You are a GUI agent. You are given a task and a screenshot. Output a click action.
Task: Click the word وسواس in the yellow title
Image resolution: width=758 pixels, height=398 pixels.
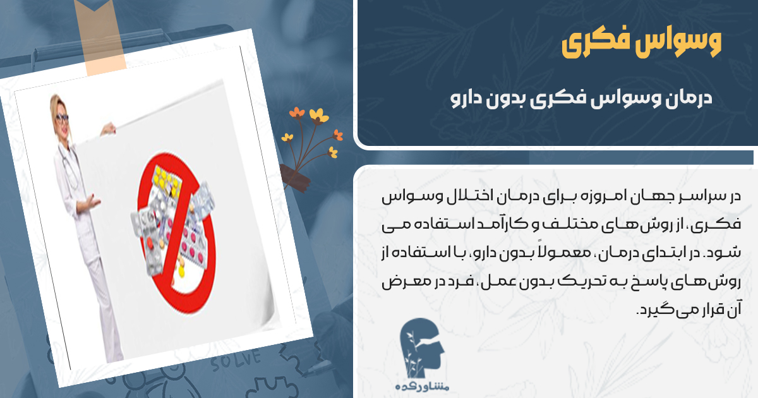pos(686,43)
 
